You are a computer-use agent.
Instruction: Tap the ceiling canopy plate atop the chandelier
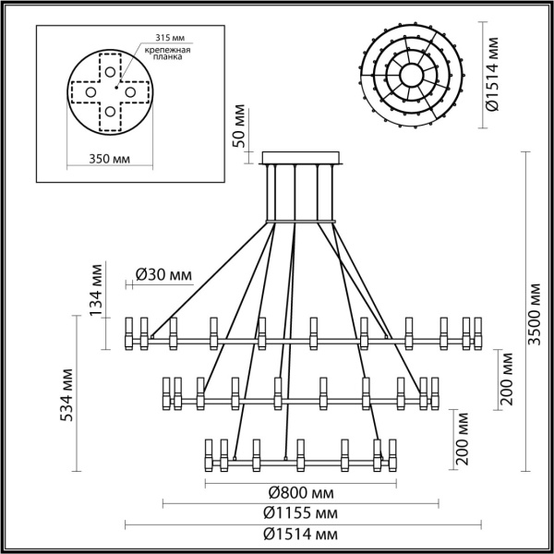pyautogui.click(x=303, y=157)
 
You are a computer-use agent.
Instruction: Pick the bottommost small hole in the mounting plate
pyautogui.click(x=110, y=112)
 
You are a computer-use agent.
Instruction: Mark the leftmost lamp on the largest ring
pyautogui.click(x=129, y=333)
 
